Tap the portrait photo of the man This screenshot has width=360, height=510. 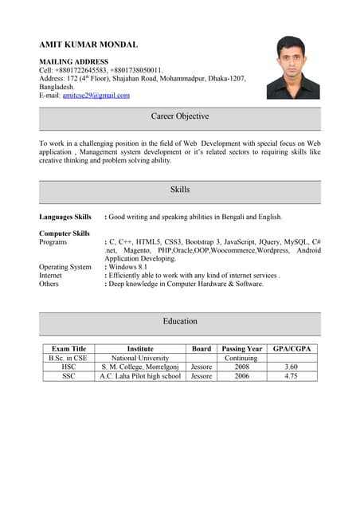(x=292, y=68)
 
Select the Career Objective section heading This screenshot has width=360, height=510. (x=180, y=116)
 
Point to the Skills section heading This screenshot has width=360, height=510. (x=180, y=190)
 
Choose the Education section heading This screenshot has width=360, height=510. (x=180, y=321)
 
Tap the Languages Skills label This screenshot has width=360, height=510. (x=65, y=217)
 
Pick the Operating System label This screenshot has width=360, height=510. (x=65, y=267)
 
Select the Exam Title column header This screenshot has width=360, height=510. (x=68, y=349)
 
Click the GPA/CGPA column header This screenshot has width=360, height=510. (x=292, y=349)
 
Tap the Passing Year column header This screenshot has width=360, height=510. (x=241, y=349)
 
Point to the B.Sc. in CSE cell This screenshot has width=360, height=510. (x=68, y=358)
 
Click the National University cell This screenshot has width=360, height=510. (x=140, y=358)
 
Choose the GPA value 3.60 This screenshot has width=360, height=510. (x=292, y=367)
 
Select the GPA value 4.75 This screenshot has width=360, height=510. (x=292, y=376)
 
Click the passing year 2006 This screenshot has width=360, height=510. (x=241, y=376)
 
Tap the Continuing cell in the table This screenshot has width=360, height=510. (x=241, y=358)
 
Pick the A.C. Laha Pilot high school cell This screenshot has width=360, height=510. (x=140, y=376)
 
